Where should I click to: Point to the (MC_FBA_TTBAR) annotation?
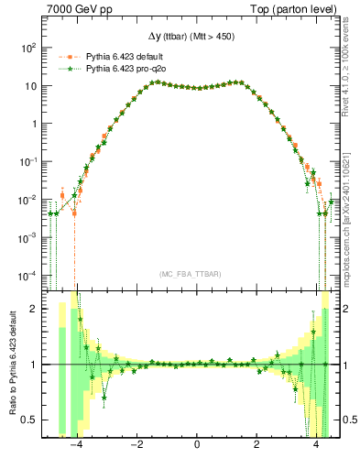197,274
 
